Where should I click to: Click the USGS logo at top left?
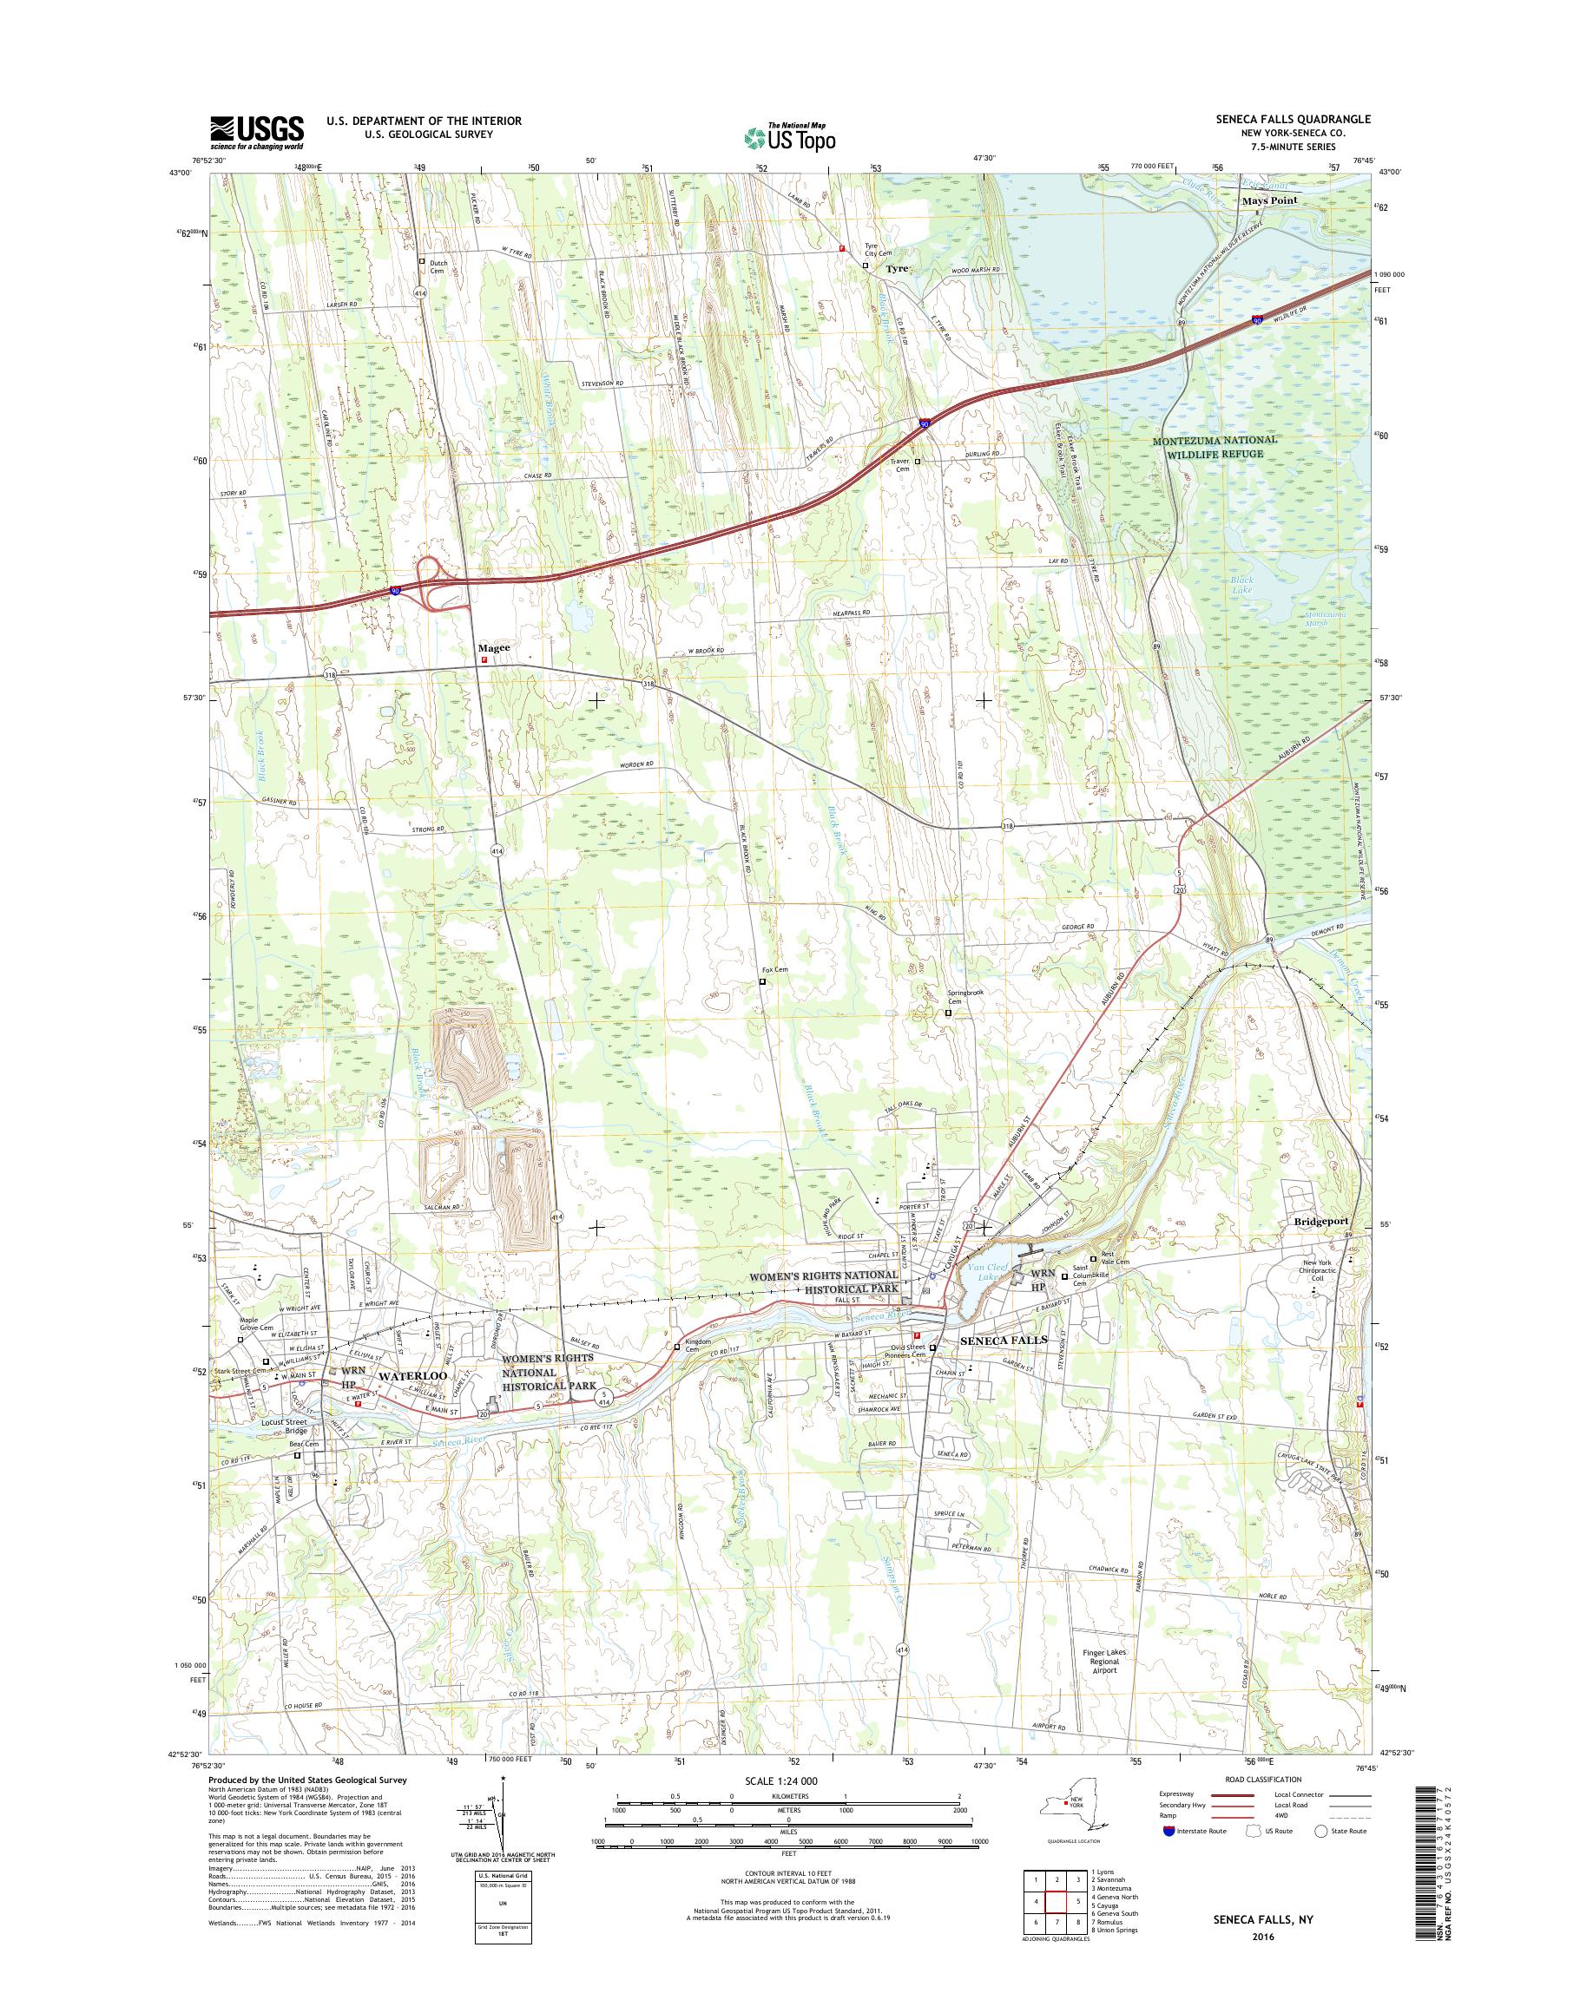point(257,132)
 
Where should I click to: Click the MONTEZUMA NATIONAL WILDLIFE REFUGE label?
point(1214,447)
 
